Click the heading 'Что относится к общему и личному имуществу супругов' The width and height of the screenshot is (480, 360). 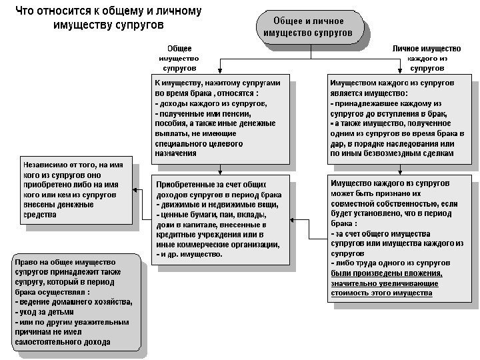(108, 18)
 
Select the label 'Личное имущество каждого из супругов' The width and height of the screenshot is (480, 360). (427, 59)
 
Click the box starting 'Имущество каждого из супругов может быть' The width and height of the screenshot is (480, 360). (399, 237)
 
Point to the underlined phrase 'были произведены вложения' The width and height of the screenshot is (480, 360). (386, 273)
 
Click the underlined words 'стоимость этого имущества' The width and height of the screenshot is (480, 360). (381, 293)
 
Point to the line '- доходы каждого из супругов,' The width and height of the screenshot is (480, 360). (211, 104)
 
